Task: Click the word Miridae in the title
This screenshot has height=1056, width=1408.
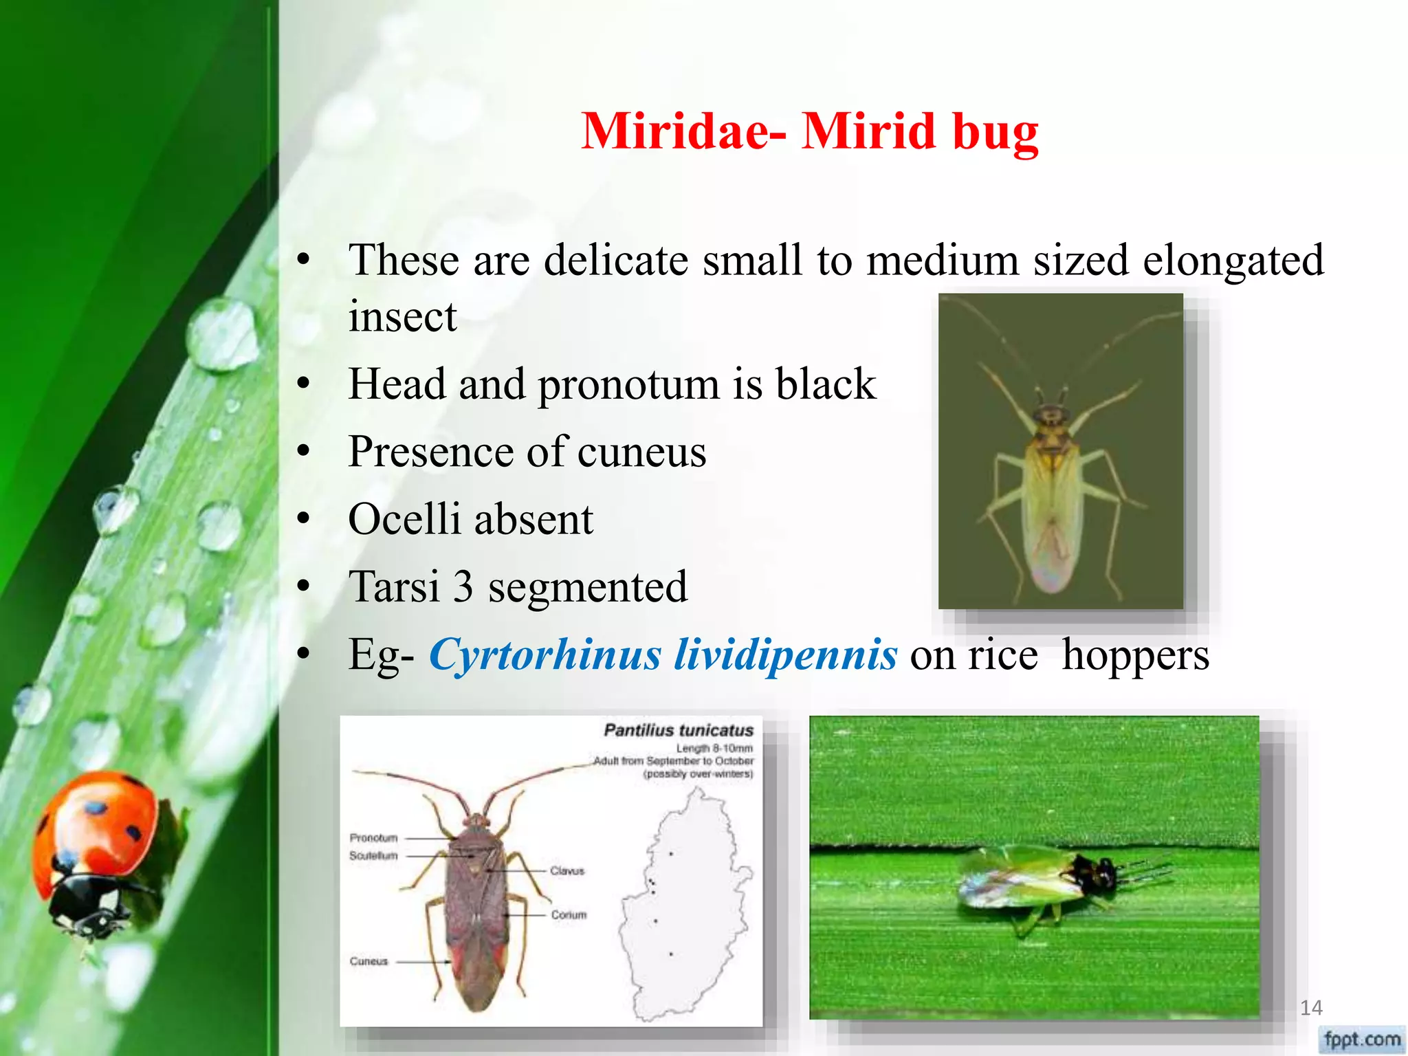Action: [x=675, y=131]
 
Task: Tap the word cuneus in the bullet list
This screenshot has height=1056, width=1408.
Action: [x=641, y=452]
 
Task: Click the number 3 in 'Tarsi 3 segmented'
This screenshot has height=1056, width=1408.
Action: [x=463, y=587]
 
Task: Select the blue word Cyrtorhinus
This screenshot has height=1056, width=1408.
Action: [x=543, y=654]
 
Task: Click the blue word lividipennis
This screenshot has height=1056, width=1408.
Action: [x=785, y=654]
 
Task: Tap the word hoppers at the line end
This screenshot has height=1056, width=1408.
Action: [x=1135, y=654]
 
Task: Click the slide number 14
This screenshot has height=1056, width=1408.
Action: [x=1311, y=1008]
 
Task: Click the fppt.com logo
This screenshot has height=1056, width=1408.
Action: [x=1362, y=1038]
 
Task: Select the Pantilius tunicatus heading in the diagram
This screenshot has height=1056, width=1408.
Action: [x=679, y=730]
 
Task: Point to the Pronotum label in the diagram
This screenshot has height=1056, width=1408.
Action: [x=373, y=837]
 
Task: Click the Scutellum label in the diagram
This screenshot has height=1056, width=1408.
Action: [x=373, y=855]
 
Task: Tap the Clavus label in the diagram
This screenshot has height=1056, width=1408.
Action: [x=567, y=870]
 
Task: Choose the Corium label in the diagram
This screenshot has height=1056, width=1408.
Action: [x=569, y=914]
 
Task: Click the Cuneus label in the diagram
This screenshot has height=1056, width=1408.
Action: [x=368, y=961]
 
